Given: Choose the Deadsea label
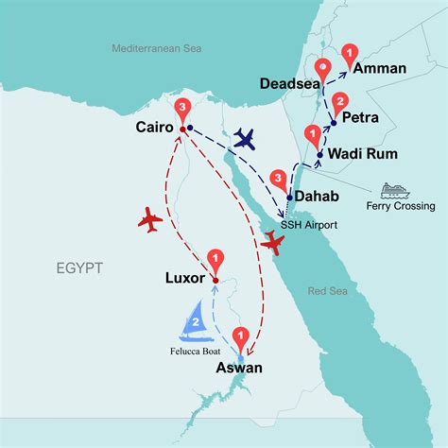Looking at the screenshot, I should [x=289, y=83].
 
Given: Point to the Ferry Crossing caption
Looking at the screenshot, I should [x=403, y=206].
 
